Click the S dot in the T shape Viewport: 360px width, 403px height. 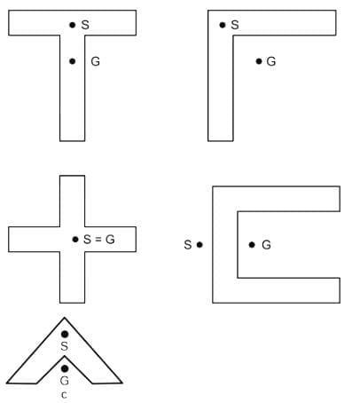73,25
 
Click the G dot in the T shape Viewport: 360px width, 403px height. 73,61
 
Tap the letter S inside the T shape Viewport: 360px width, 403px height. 85,25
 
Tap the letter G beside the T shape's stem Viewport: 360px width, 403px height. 95,61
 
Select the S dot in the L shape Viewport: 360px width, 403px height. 223,25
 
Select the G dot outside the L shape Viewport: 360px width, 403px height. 259,61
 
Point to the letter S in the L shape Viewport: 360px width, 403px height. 235,25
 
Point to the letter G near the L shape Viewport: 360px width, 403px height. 271,61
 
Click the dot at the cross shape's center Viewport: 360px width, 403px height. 75,239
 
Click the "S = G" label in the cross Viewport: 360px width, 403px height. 99,239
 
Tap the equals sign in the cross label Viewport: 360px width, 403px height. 98,240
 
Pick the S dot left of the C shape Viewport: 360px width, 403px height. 200,245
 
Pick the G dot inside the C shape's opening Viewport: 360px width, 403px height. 252,245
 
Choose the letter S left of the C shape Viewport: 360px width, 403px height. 188,245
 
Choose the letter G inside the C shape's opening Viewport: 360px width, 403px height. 266,245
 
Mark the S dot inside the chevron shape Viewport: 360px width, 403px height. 65,334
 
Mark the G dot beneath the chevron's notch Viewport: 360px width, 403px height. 65,368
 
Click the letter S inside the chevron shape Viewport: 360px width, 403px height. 65,346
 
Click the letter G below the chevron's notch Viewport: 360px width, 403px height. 65,381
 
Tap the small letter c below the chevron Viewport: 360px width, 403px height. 64,395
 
